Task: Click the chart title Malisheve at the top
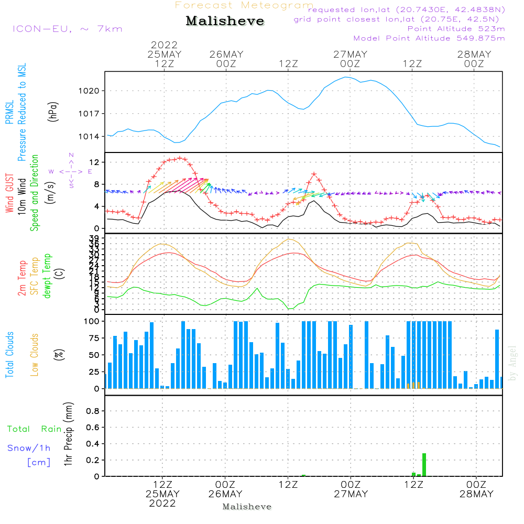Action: pos(225,21)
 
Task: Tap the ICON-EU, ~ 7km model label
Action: pos(67,29)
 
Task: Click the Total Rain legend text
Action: pos(35,429)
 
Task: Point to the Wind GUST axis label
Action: pos(9,193)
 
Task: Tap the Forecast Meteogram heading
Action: pos(244,5)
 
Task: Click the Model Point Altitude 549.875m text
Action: pos(429,38)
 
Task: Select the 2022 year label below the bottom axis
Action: pos(162,504)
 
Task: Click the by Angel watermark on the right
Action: pos(513,363)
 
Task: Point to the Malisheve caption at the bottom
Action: pos(247,507)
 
